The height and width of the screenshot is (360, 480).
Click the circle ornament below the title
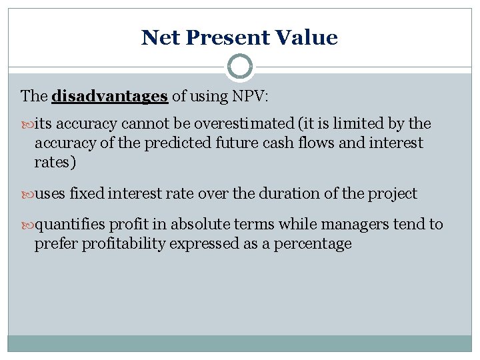click(240, 67)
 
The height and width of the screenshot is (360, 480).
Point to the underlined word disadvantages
click(109, 96)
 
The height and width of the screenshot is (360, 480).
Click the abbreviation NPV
click(249, 96)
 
